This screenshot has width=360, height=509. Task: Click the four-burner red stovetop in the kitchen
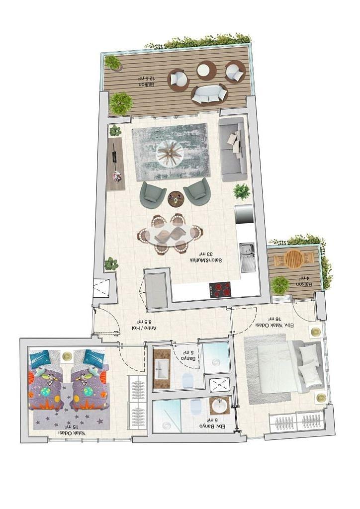pos(220,289)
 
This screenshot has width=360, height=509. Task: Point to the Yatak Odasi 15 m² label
pos(72,430)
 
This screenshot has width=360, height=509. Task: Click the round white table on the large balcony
pos(206,70)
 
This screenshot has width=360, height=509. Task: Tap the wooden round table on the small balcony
pos(294,258)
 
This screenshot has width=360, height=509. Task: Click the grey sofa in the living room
pos(232,149)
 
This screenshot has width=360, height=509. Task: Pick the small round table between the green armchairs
pos(176,198)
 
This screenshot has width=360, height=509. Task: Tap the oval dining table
pos(170,234)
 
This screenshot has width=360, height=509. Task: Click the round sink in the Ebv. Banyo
pos(219,406)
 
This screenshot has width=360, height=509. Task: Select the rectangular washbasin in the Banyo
pos(162,369)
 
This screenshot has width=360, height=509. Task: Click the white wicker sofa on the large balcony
pos(209,94)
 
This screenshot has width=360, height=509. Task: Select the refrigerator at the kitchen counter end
pos(244,214)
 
